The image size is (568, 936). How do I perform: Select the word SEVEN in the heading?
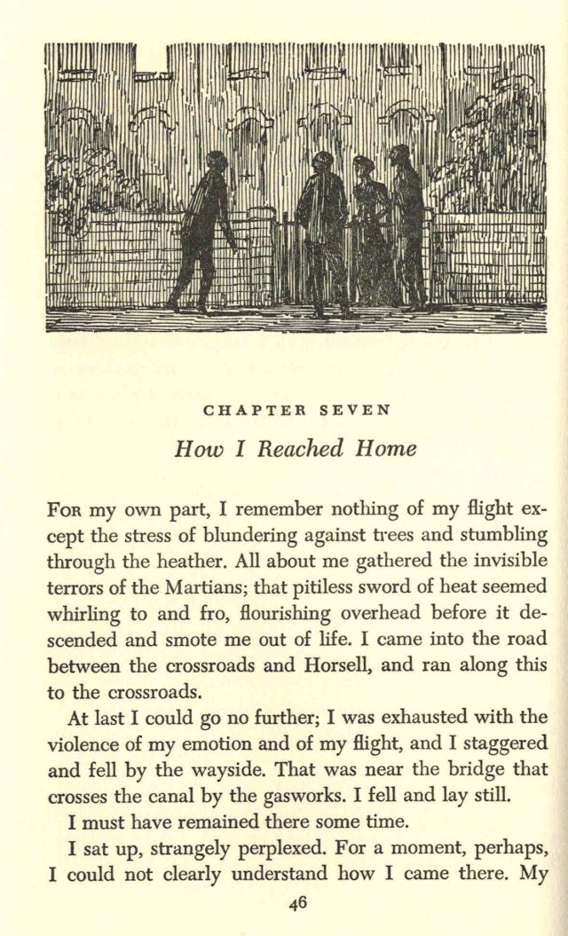click(x=354, y=410)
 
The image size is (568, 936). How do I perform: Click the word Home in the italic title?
click(x=386, y=449)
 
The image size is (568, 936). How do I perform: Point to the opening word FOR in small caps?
click(x=60, y=512)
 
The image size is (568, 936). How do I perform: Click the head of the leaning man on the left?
click(x=217, y=161)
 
